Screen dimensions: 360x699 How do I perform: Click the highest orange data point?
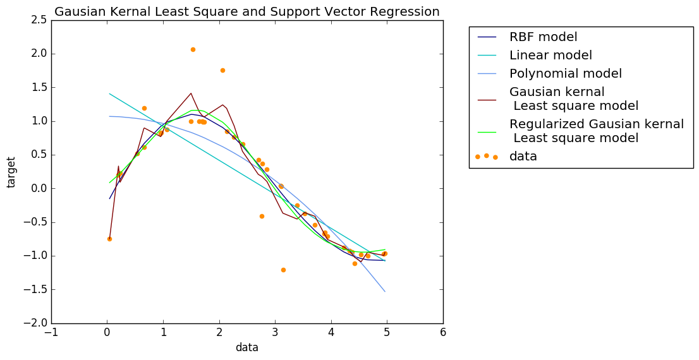point(193,49)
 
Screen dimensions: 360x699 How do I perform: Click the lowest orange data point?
point(283,270)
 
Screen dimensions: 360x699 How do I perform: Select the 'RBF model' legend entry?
point(543,37)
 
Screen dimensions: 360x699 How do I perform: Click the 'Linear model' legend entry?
point(550,55)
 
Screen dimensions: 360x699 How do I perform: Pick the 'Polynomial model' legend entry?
point(565,73)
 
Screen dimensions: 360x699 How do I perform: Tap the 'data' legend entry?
point(523,156)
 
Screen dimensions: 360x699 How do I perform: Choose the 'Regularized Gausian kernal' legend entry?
point(596,124)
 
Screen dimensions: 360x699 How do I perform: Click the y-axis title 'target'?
point(11,172)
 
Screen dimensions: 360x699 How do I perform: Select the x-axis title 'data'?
point(246,347)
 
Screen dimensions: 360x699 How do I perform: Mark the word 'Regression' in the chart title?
point(409,11)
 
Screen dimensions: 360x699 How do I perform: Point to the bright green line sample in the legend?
point(486,131)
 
